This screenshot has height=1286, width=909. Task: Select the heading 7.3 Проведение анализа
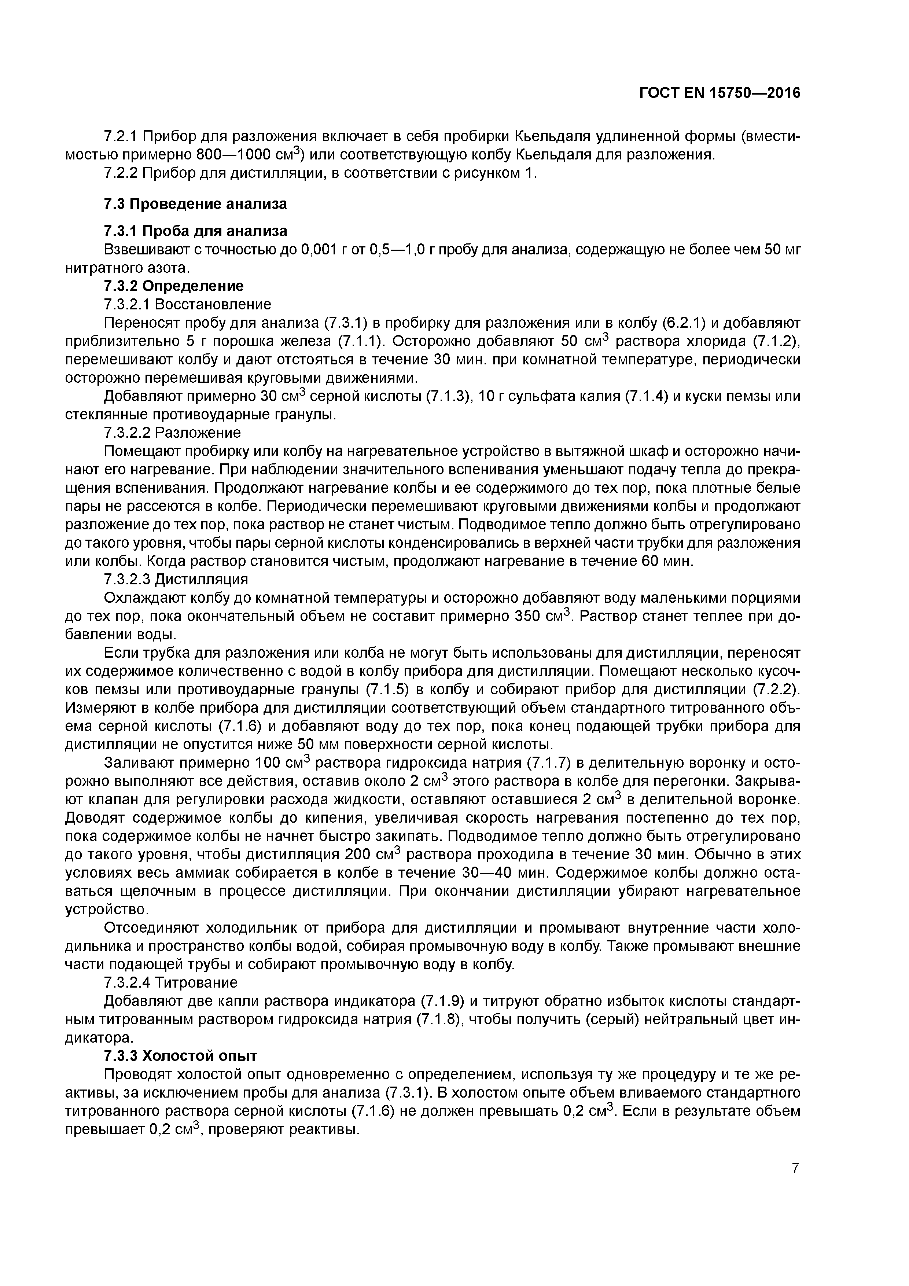point(195,204)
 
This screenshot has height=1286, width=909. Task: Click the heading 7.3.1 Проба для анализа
point(195,231)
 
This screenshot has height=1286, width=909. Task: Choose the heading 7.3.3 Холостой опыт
point(180,1056)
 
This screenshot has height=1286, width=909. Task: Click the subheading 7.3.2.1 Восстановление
point(188,304)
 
